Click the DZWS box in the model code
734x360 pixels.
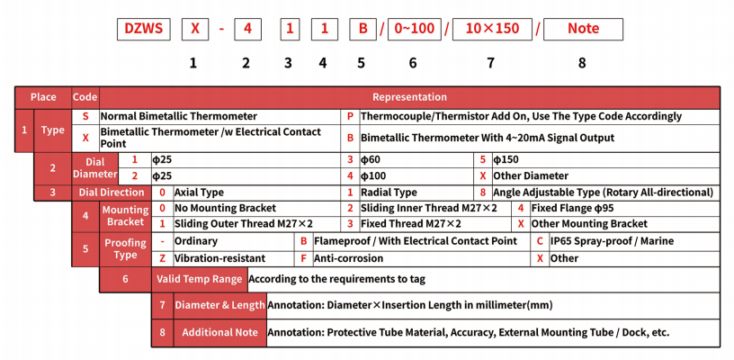tap(143, 29)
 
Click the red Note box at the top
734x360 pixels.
tap(583, 29)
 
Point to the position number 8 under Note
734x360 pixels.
tap(582, 63)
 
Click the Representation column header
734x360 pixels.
tap(409, 97)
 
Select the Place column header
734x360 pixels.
tap(43, 97)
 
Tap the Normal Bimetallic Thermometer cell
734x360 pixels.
tap(178, 116)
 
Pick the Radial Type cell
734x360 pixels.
tap(389, 192)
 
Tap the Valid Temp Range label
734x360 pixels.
tap(199, 279)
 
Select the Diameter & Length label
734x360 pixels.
tap(219, 305)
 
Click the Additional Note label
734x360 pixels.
tap(219, 332)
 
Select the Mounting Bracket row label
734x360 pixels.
tap(125, 215)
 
